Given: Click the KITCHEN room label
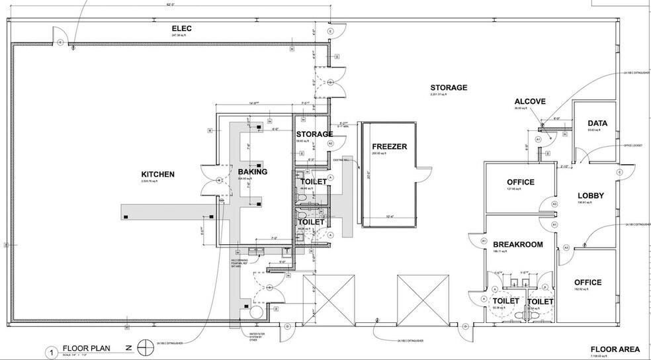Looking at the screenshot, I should (x=157, y=174).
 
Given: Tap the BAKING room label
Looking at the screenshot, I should (x=252, y=172).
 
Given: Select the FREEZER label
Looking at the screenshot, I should (x=388, y=147).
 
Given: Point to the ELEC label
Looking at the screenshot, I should (x=181, y=28).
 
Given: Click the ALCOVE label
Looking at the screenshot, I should (x=530, y=101).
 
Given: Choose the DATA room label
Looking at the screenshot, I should (x=596, y=123).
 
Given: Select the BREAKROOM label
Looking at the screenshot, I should (x=519, y=244).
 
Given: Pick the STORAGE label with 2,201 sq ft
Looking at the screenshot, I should (x=449, y=87).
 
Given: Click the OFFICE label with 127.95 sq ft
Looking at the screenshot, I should (x=521, y=182).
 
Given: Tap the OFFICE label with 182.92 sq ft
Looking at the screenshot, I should (x=587, y=283).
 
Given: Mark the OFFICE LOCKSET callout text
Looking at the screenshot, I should (x=632, y=144).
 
